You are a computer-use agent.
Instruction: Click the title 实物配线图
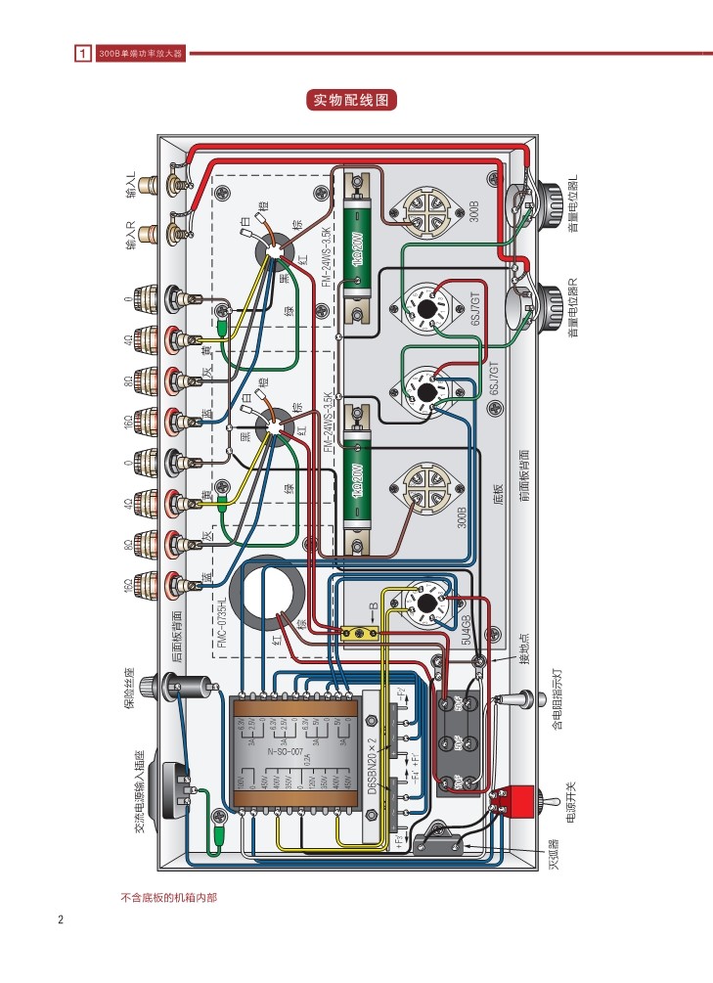pos(355,100)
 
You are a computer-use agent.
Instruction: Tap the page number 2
pos(61,919)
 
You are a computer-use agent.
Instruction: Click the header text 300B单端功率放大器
pos(141,53)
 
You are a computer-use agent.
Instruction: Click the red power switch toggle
pos(513,801)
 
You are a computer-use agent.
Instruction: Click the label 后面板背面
pos(176,637)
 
